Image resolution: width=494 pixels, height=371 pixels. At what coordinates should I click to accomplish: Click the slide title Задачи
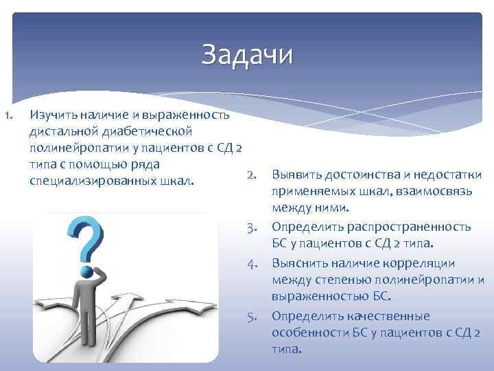[x=247, y=55]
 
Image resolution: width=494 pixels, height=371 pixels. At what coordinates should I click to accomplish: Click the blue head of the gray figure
[x=87, y=271]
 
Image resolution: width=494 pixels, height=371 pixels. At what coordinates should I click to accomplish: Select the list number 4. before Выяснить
[x=252, y=263]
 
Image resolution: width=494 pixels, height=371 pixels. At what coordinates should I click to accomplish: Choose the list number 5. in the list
[x=252, y=316]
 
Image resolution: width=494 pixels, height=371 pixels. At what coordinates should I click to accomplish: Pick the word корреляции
[x=419, y=263]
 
